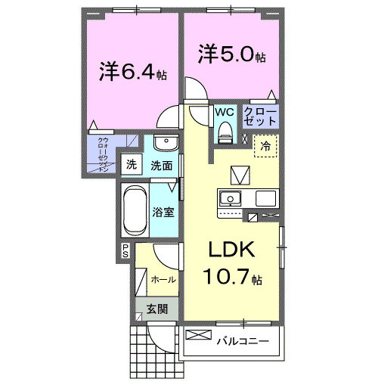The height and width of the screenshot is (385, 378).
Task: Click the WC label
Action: [225, 111]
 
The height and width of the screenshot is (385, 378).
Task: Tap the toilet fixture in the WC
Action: [225, 132]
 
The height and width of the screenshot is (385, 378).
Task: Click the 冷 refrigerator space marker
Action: [265, 146]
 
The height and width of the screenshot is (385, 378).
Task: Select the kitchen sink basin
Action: [230, 199]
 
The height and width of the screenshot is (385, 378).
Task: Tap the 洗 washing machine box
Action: [131, 164]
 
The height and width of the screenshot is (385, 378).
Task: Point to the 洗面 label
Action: [160, 164]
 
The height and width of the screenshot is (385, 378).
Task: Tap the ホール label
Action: [163, 279]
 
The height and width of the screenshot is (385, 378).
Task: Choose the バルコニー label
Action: [242, 342]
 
